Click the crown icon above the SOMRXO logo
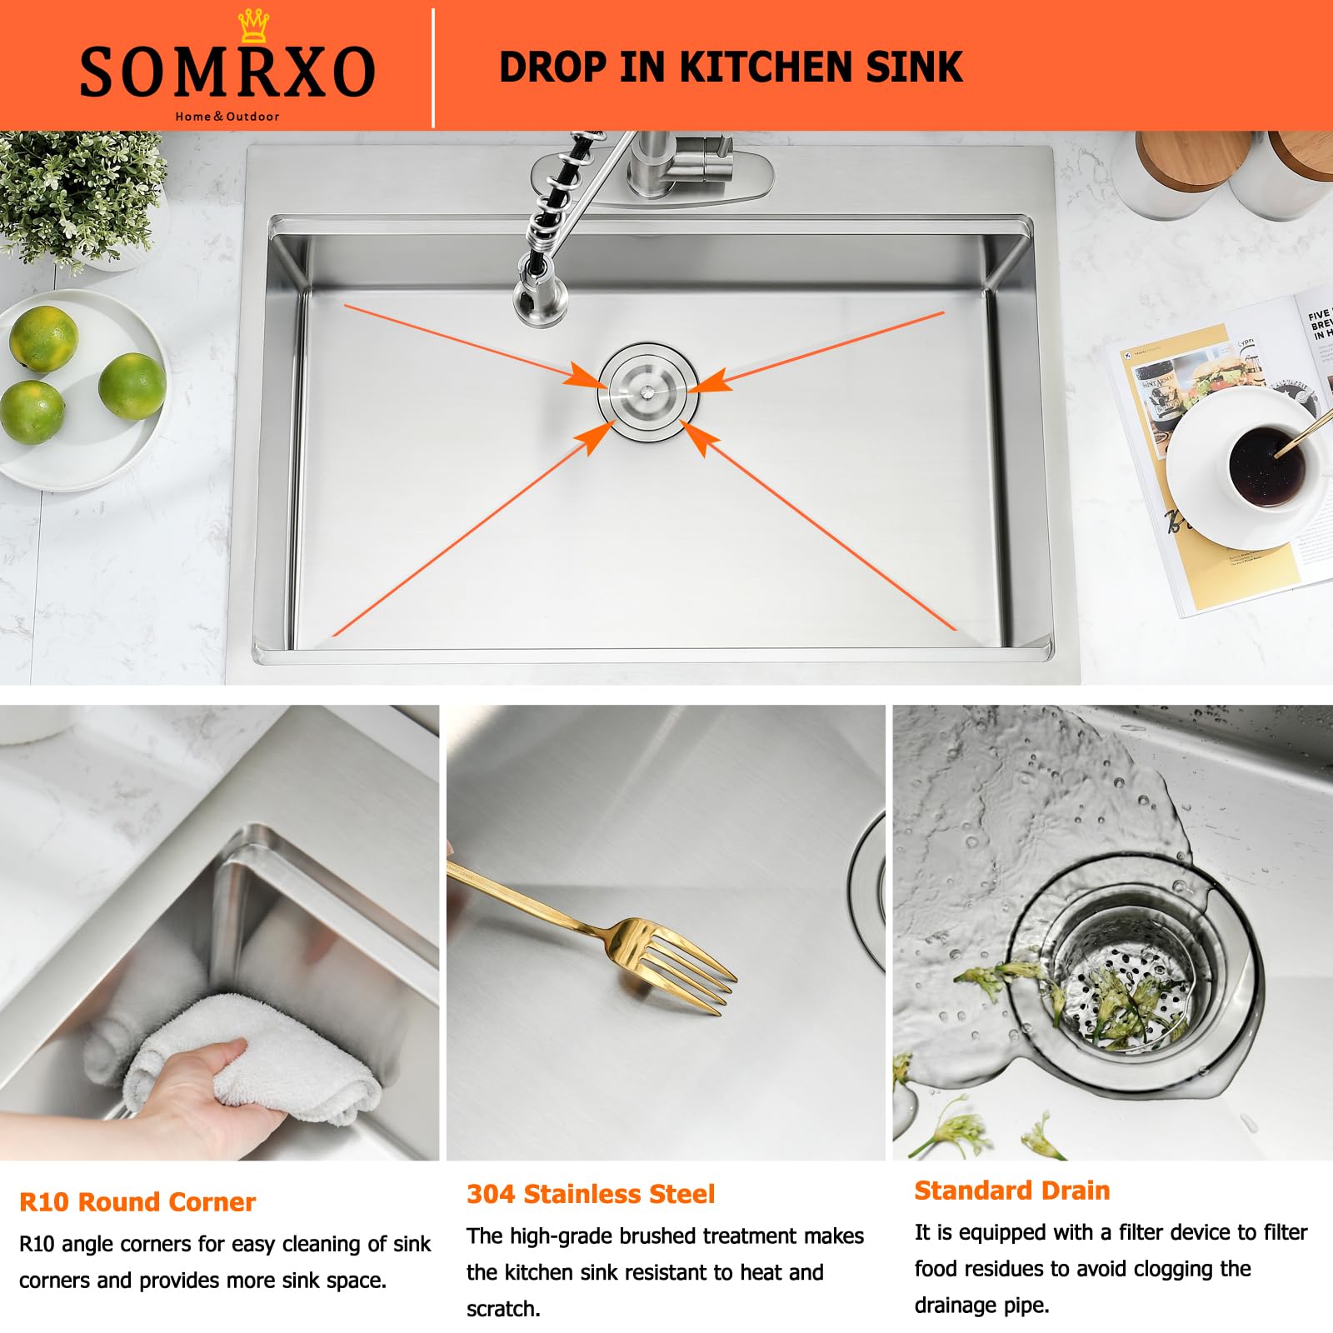click(x=252, y=26)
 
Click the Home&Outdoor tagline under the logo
click(x=227, y=117)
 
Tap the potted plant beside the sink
click(x=79, y=196)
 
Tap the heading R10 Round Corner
click(x=137, y=1202)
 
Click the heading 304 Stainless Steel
click(x=591, y=1194)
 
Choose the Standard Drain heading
click(x=1012, y=1191)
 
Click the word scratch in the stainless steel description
click(x=502, y=1309)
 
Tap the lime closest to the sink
click(x=132, y=386)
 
